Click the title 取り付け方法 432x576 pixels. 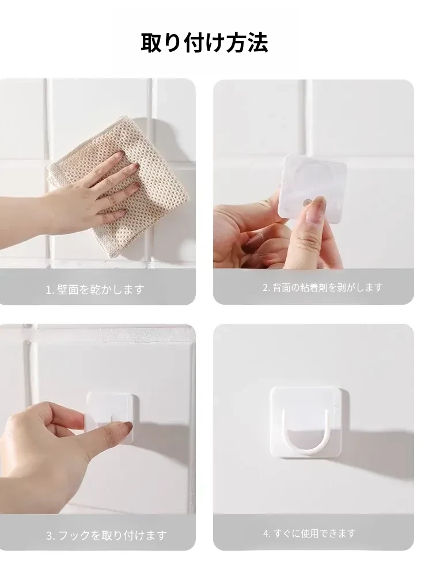click(x=204, y=43)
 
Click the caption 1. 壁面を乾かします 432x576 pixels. click(x=95, y=290)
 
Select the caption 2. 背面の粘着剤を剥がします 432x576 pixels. click(x=323, y=287)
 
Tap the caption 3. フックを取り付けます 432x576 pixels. click(x=106, y=535)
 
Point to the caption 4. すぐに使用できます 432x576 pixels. click(x=309, y=533)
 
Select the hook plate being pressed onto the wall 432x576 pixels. click(x=112, y=417)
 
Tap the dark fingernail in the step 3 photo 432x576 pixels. click(x=127, y=427)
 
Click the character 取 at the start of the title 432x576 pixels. click(x=151, y=43)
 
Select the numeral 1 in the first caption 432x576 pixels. click(x=48, y=290)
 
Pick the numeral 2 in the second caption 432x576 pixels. click(x=266, y=287)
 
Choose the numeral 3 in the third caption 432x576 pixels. click(x=49, y=536)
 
